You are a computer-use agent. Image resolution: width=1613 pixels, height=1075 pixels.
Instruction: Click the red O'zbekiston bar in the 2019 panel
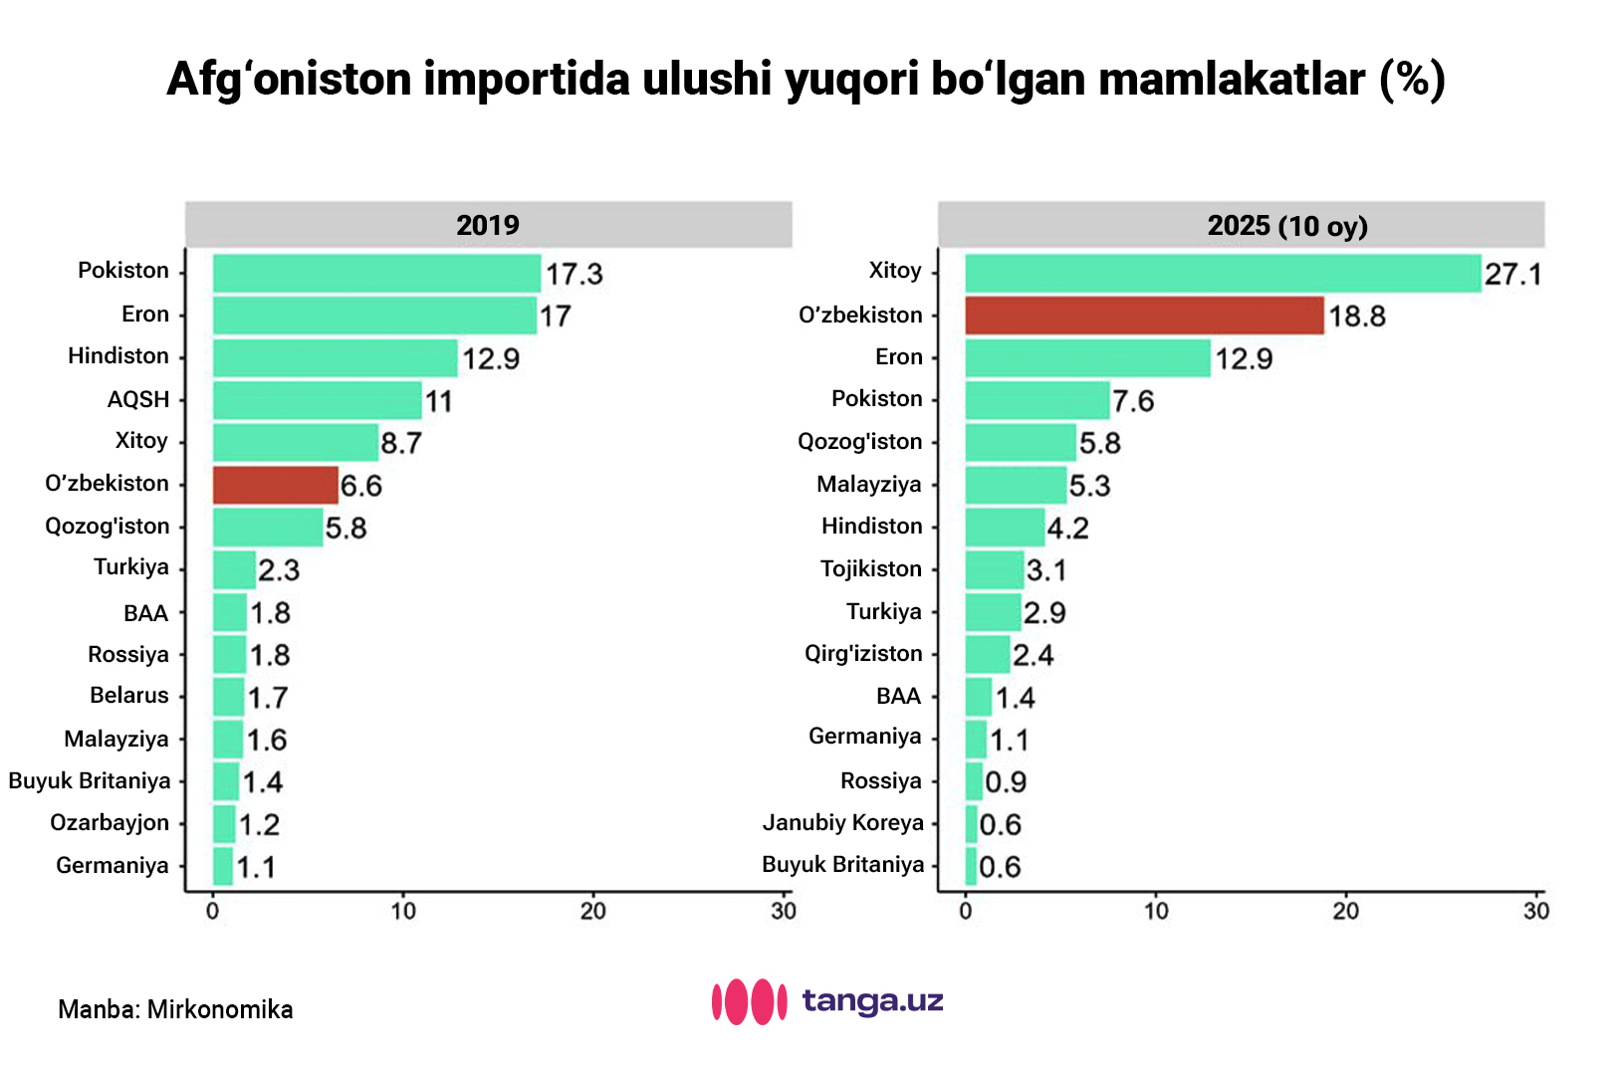276,485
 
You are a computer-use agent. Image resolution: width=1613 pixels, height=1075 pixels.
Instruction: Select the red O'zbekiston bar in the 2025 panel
1144,316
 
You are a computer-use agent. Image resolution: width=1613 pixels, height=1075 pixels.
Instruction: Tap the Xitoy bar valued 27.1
1223,273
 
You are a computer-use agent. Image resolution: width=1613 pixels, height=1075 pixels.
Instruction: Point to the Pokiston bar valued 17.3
376,273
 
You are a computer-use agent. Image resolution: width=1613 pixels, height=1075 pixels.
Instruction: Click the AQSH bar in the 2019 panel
317,400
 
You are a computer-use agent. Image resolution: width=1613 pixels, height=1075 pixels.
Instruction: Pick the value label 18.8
1356,317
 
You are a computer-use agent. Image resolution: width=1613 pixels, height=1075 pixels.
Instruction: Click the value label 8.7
401,443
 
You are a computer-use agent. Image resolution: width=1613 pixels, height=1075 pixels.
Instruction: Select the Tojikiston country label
871,568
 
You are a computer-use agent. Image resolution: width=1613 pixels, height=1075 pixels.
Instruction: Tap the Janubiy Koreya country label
843,822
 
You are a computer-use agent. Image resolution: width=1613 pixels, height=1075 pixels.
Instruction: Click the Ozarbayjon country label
110,822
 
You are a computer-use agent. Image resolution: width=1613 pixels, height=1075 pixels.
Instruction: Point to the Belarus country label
129,695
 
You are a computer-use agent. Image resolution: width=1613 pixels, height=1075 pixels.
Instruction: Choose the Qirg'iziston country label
863,653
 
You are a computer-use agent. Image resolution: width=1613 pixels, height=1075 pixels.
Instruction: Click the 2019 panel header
488,225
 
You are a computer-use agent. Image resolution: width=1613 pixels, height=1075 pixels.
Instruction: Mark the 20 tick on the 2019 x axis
593,910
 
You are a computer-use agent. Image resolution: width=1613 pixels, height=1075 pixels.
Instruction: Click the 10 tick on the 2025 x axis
1156,910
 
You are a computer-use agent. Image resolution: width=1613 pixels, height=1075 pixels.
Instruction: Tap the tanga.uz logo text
872,999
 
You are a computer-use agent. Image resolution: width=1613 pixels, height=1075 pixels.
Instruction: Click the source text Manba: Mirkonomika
175,1009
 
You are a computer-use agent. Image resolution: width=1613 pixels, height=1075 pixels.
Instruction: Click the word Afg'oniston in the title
289,80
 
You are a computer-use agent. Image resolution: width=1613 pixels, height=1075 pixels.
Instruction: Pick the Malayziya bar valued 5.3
1016,485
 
